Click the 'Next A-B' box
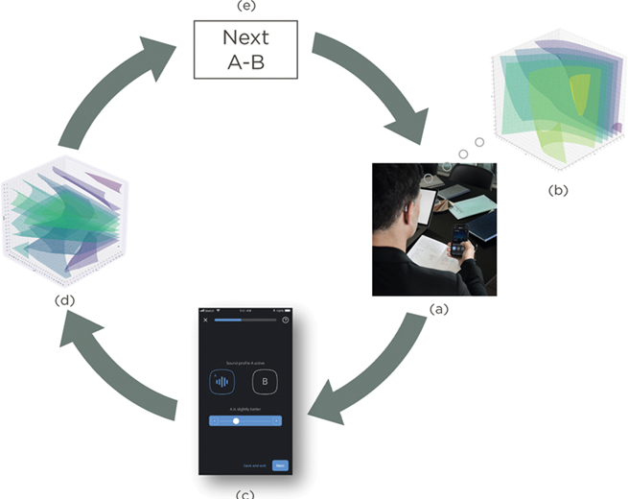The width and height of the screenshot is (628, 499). (245, 51)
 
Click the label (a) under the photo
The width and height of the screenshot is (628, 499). (437, 309)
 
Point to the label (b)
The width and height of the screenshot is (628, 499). (557, 190)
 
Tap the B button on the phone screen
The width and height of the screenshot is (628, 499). (264, 382)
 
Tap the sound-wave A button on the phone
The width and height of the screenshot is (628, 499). (221, 382)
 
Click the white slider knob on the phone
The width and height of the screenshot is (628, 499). (236, 420)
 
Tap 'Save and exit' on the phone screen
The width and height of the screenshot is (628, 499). (254, 465)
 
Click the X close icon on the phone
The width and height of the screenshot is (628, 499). (205, 321)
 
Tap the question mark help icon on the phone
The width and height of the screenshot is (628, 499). (285, 321)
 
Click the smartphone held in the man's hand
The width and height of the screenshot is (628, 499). (459, 239)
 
